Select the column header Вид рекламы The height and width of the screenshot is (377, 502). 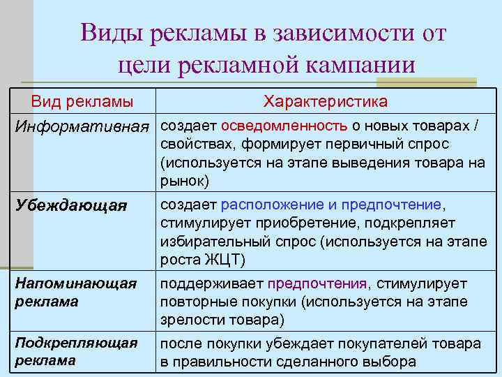click(82, 102)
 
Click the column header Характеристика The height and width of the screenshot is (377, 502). click(326, 102)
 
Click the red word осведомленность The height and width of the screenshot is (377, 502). click(284, 126)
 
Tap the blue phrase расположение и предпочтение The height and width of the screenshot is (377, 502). click(331, 205)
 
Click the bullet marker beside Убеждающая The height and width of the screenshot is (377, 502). click(8, 205)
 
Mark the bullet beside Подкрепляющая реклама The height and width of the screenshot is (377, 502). click(8, 343)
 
